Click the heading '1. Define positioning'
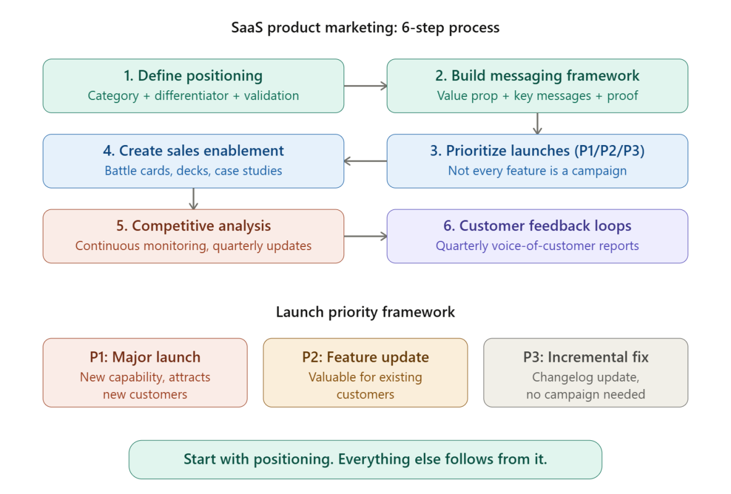tap(193, 76)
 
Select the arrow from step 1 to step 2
tap(365, 86)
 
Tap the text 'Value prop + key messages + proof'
tap(537, 96)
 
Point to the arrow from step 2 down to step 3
tap(537, 124)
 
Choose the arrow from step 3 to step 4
tap(365, 161)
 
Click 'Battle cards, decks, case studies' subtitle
tap(193, 171)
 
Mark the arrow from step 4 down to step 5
tap(193, 199)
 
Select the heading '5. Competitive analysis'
tap(193, 226)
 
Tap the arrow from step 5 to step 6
tap(365, 237)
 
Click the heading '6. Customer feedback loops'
tap(537, 226)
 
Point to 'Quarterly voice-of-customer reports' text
tap(537, 246)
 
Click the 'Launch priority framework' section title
tap(365, 312)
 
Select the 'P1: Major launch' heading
tap(145, 357)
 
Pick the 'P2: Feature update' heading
tap(365, 357)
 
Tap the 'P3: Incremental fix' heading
tap(585, 357)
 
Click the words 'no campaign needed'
tap(585, 394)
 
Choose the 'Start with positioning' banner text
tap(365, 459)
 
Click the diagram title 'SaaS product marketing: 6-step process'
tap(365, 28)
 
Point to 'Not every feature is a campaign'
tap(537, 171)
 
